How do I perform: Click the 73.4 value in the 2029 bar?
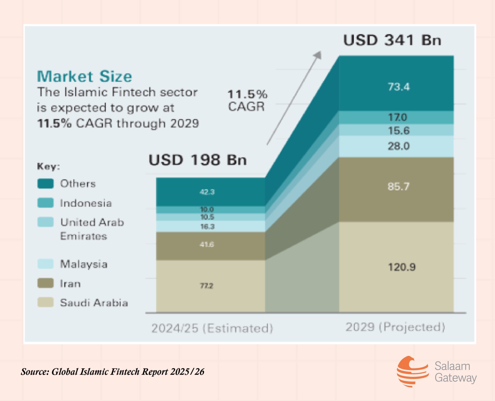point(399,87)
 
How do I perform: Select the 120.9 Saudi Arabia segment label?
point(401,267)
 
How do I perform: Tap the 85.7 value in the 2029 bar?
point(399,186)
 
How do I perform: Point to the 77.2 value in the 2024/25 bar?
point(206,286)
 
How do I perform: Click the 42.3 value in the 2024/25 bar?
point(207,192)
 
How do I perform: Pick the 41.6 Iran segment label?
point(206,244)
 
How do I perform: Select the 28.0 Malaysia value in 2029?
point(399,146)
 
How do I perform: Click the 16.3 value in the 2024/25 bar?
point(207,227)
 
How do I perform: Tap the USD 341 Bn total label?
point(392,41)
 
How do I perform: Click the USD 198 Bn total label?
point(197,160)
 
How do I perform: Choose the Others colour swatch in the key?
point(45,184)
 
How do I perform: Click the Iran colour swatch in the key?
point(45,283)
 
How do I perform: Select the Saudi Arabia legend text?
point(94,303)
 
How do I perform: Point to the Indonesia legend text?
point(86,203)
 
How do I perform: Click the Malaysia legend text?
point(84,264)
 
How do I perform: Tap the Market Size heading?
point(84,76)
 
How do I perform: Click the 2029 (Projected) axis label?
point(395,327)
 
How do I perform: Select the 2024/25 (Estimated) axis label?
point(212,328)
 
